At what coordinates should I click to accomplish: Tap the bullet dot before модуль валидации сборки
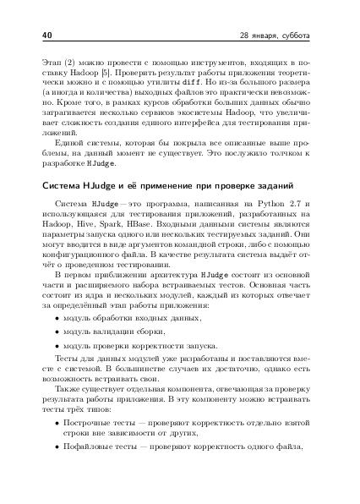[57, 332]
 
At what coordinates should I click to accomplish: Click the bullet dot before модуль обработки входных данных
[57, 317]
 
